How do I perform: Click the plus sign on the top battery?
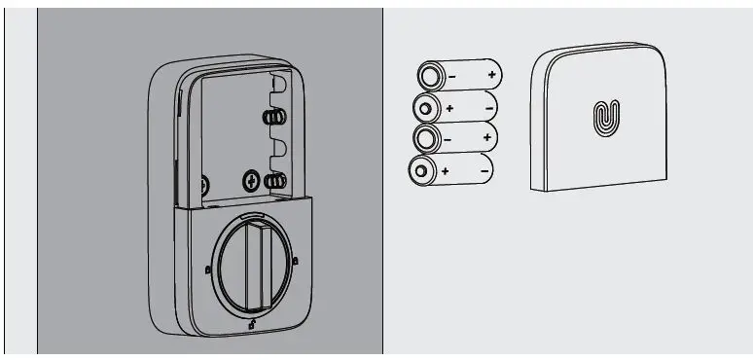click(492, 75)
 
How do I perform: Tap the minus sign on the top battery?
click(450, 75)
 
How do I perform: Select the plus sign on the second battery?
click(450, 107)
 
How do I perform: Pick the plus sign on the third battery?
click(485, 139)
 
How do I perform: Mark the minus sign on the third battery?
click(448, 139)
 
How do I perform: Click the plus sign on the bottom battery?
click(446, 171)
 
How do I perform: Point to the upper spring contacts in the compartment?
click(274, 118)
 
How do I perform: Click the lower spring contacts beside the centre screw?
click(275, 180)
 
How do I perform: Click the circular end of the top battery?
click(429, 75)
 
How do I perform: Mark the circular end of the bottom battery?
click(421, 172)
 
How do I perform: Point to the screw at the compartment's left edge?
click(204, 182)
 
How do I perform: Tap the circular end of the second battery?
click(425, 107)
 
